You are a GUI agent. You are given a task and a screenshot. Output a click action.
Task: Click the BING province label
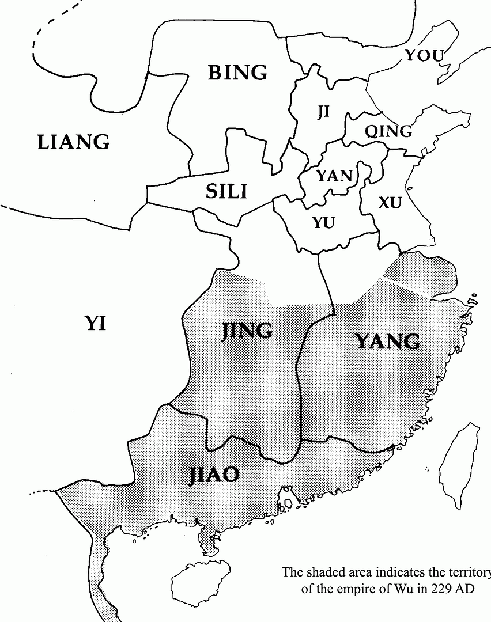coord(237,73)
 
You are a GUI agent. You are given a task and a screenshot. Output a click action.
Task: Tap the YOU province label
coord(424,55)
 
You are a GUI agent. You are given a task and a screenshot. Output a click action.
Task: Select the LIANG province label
coord(73,142)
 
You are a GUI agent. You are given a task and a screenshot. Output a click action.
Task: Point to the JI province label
coord(323,112)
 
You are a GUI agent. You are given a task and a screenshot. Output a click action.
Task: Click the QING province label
coord(388,131)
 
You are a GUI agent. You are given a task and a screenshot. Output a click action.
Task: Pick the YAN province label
coord(334,176)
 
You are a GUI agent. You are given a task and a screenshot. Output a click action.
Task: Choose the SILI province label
coord(226,191)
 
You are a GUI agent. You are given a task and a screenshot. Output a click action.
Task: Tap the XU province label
coord(390,202)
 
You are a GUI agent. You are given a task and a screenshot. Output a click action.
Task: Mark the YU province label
coord(323,222)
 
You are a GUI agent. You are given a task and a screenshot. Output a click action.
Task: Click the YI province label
coord(96,323)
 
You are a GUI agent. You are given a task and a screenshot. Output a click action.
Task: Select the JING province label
coord(247,331)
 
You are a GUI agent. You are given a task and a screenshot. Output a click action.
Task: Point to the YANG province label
coord(388,342)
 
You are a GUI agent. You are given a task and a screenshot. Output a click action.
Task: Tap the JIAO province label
coord(214,474)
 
